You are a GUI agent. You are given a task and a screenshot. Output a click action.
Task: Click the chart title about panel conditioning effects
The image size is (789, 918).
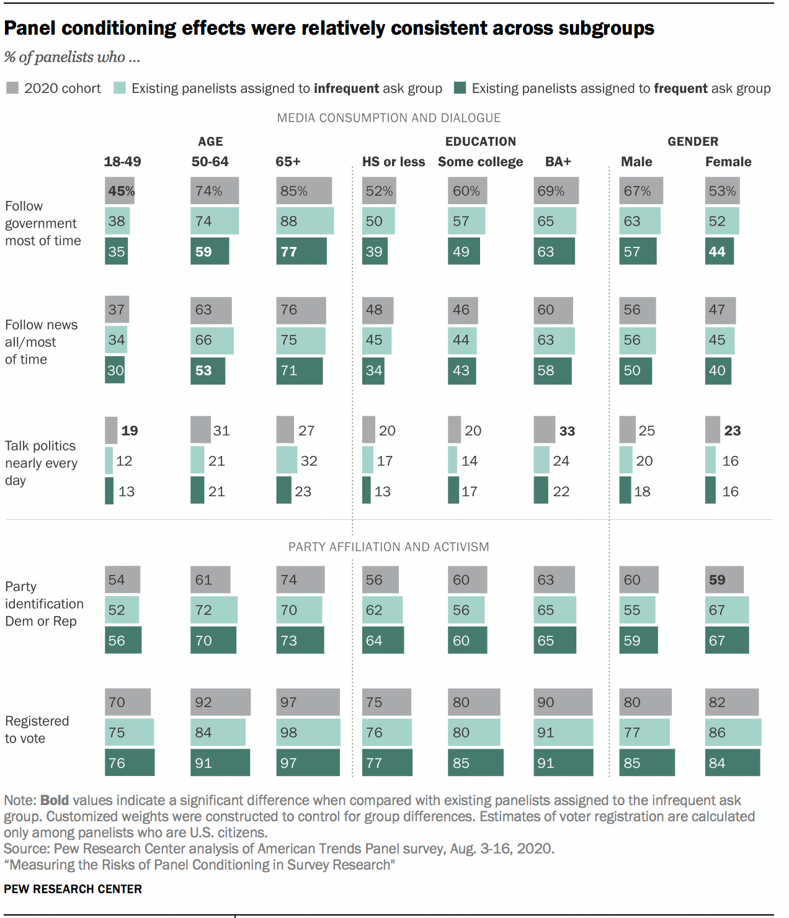coord(329,29)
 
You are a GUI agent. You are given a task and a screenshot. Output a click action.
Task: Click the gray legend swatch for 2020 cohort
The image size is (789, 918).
coord(12,88)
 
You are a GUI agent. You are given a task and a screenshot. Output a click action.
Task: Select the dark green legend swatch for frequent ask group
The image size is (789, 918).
coord(460,88)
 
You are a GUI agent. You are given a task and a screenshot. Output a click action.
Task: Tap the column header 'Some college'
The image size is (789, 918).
coord(480,162)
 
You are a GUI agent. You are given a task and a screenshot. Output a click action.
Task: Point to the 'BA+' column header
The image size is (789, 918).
coord(558,162)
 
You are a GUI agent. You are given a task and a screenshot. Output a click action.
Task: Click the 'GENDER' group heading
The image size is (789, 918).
coord(692,141)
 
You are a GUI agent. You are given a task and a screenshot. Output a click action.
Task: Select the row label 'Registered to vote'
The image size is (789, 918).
coord(37,729)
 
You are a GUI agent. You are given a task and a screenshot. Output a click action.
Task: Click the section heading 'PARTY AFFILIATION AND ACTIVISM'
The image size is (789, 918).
coord(388,547)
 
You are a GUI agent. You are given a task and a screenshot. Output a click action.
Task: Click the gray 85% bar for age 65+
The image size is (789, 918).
coord(303,191)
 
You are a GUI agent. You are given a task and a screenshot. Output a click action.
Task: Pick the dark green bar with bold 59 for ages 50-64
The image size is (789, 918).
coord(210,252)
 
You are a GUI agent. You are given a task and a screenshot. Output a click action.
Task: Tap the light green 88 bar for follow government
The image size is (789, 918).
coord(305,221)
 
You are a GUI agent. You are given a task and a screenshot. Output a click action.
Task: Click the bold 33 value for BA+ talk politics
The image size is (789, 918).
coord(567,431)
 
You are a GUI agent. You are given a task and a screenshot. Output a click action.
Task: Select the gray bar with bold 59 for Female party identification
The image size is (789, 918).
coord(724,580)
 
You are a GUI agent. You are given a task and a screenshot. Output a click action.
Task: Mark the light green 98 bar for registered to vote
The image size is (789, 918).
coord(308,733)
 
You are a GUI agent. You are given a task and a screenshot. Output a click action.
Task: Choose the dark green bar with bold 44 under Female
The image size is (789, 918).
coord(719,252)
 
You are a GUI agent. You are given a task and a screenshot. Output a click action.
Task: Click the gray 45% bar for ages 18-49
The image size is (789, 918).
coord(120,191)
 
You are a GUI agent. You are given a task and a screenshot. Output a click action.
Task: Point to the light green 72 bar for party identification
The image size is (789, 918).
coord(213,610)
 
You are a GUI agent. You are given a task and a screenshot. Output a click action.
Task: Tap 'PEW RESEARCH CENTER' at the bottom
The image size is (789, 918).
coord(73,889)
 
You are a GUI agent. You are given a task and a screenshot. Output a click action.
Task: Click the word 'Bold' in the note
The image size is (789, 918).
coord(54,800)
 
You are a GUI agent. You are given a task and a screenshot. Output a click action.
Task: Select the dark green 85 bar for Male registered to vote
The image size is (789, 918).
coord(646,763)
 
